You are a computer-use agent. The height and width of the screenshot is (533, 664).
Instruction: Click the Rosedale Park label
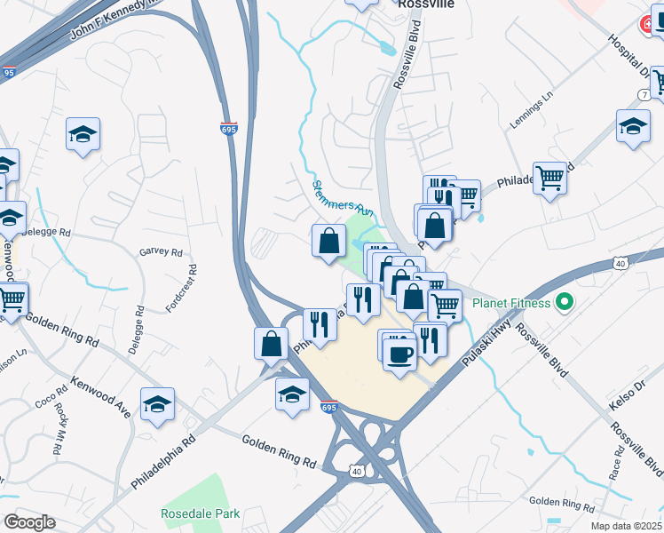(200, 513)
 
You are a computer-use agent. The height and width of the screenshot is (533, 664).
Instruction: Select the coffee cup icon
(398, 354)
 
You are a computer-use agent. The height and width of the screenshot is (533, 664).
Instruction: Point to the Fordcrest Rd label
(180, 288)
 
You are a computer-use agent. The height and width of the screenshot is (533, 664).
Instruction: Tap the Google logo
(28, 522)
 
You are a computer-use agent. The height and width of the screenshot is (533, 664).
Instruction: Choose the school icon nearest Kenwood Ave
(157, 404)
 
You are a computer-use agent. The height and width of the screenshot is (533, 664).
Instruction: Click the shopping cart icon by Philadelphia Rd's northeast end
(549, 178)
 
